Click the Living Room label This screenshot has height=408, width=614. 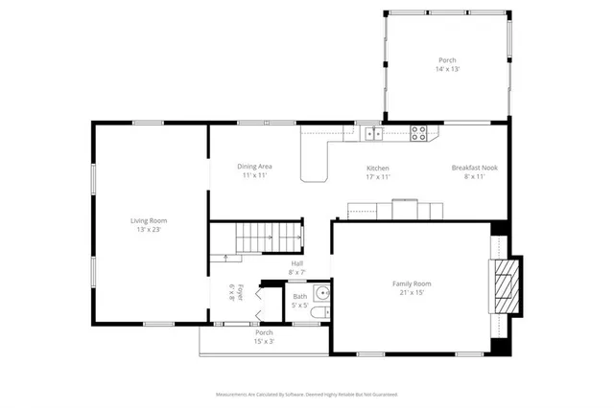click(149, 220)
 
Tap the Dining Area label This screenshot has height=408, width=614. click(254, 167)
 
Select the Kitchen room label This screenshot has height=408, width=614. click(377, 168)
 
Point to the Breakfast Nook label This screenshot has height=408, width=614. click(475, 168)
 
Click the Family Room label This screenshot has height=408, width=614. click(411, 283)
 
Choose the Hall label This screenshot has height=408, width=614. click(297, 262)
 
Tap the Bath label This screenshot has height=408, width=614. click(300, 297)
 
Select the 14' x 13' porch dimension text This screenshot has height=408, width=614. click(447, 70)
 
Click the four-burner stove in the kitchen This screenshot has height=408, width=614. click(419, 134)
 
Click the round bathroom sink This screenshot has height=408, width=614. click(322, 293)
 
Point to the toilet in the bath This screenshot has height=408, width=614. click(323, 312)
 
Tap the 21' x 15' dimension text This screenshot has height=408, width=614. click(411, 293)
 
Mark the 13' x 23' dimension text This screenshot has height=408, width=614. click(149, 230)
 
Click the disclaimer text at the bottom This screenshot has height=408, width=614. click(306, 394)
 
